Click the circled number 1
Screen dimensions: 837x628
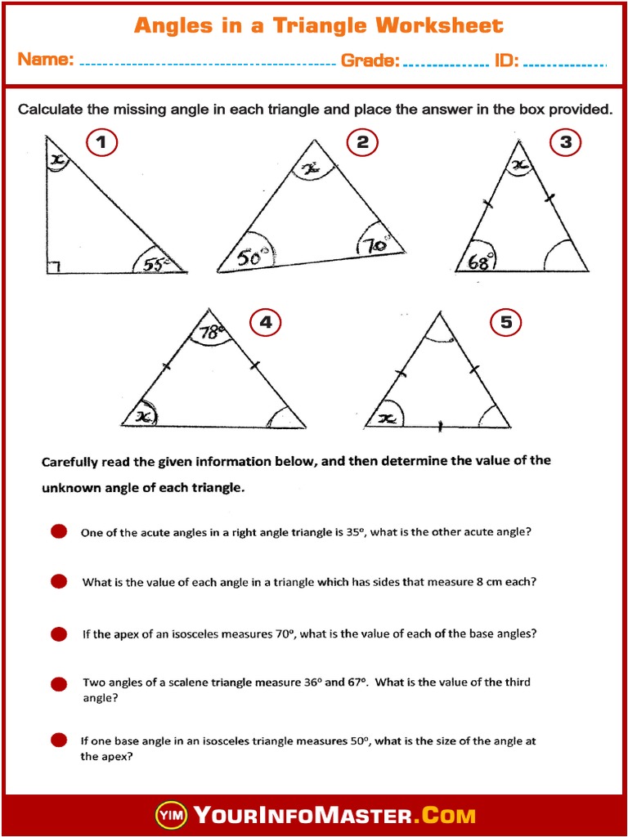101,143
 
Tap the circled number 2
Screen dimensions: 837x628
363,143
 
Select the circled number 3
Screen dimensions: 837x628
565,143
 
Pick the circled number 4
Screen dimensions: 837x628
265,323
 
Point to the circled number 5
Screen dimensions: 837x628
506,323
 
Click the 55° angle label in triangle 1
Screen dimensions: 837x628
154,263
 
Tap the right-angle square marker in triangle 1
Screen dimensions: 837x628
52,266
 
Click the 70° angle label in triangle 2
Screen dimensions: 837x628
375,245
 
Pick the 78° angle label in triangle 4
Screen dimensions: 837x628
211,333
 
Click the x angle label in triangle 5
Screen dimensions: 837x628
388,418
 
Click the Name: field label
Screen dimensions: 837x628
46,60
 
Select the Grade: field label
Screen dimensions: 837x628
370,60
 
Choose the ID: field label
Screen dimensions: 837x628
506,60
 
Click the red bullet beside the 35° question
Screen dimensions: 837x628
59,532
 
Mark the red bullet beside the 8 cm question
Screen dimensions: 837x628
59,582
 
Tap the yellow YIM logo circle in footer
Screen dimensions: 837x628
171,815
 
